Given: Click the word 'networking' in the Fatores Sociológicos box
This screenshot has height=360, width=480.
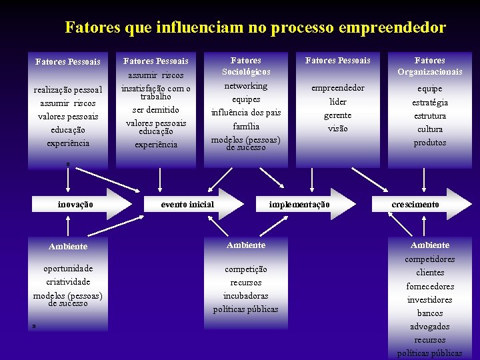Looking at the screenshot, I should point(246,86).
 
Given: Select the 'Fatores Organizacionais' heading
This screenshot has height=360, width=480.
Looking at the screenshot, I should point(430,66).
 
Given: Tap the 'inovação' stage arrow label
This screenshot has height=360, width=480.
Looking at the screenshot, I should point(75,205).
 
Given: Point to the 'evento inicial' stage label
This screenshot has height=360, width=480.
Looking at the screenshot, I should point(188,205).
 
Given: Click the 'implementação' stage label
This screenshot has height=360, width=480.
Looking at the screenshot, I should point(299,205).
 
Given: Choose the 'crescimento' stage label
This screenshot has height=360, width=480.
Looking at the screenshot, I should point(415,205).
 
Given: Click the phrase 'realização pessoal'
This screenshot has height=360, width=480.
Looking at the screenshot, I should point(68,89).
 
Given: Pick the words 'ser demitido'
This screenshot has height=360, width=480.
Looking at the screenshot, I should point(156,109).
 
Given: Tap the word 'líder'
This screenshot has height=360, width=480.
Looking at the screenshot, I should point(338,102).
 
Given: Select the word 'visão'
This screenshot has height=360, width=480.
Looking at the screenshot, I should point(338,129).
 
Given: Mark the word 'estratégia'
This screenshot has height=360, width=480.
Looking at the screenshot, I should point(430,103).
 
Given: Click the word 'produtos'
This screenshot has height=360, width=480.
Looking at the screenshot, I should point(430,143).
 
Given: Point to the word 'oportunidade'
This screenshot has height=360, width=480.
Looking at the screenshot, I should point(68,269).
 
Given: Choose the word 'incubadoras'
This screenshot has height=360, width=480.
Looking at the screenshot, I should point(246,295).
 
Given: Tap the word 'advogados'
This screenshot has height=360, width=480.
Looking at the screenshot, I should point(430,327).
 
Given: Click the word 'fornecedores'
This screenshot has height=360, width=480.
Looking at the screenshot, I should point(430,287).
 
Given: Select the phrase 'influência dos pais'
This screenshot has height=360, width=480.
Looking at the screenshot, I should point(246,112).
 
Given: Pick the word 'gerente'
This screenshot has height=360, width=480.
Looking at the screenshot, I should point(338,115).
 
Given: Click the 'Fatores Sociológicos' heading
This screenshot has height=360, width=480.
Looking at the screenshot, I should point(246,66).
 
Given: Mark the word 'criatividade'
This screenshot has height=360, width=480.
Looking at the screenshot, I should point(68,282).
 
